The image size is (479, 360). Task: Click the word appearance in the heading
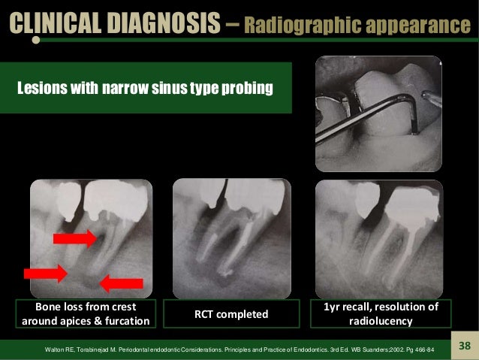click(x=415, y=27)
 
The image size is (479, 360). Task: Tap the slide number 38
click(x=462, y=346)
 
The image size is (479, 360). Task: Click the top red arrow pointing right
click(x=74, y=239)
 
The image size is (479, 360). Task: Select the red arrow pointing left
click(x=121, y=283)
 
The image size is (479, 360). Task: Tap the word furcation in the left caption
click(x=125, y=322)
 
